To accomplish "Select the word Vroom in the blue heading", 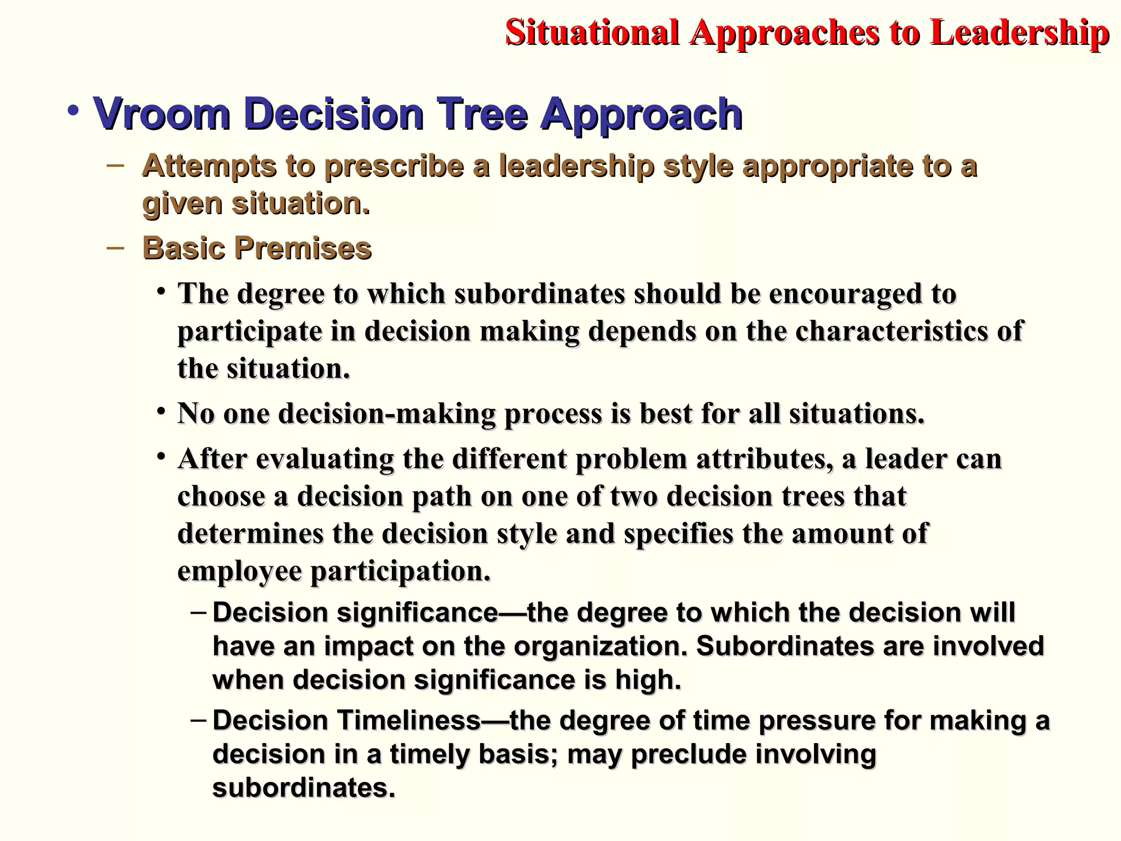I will tap(161, 113).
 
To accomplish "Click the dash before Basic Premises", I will tap(115, 247).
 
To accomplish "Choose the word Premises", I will tap(303, 247).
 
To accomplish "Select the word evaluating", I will tap(325, 459).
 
